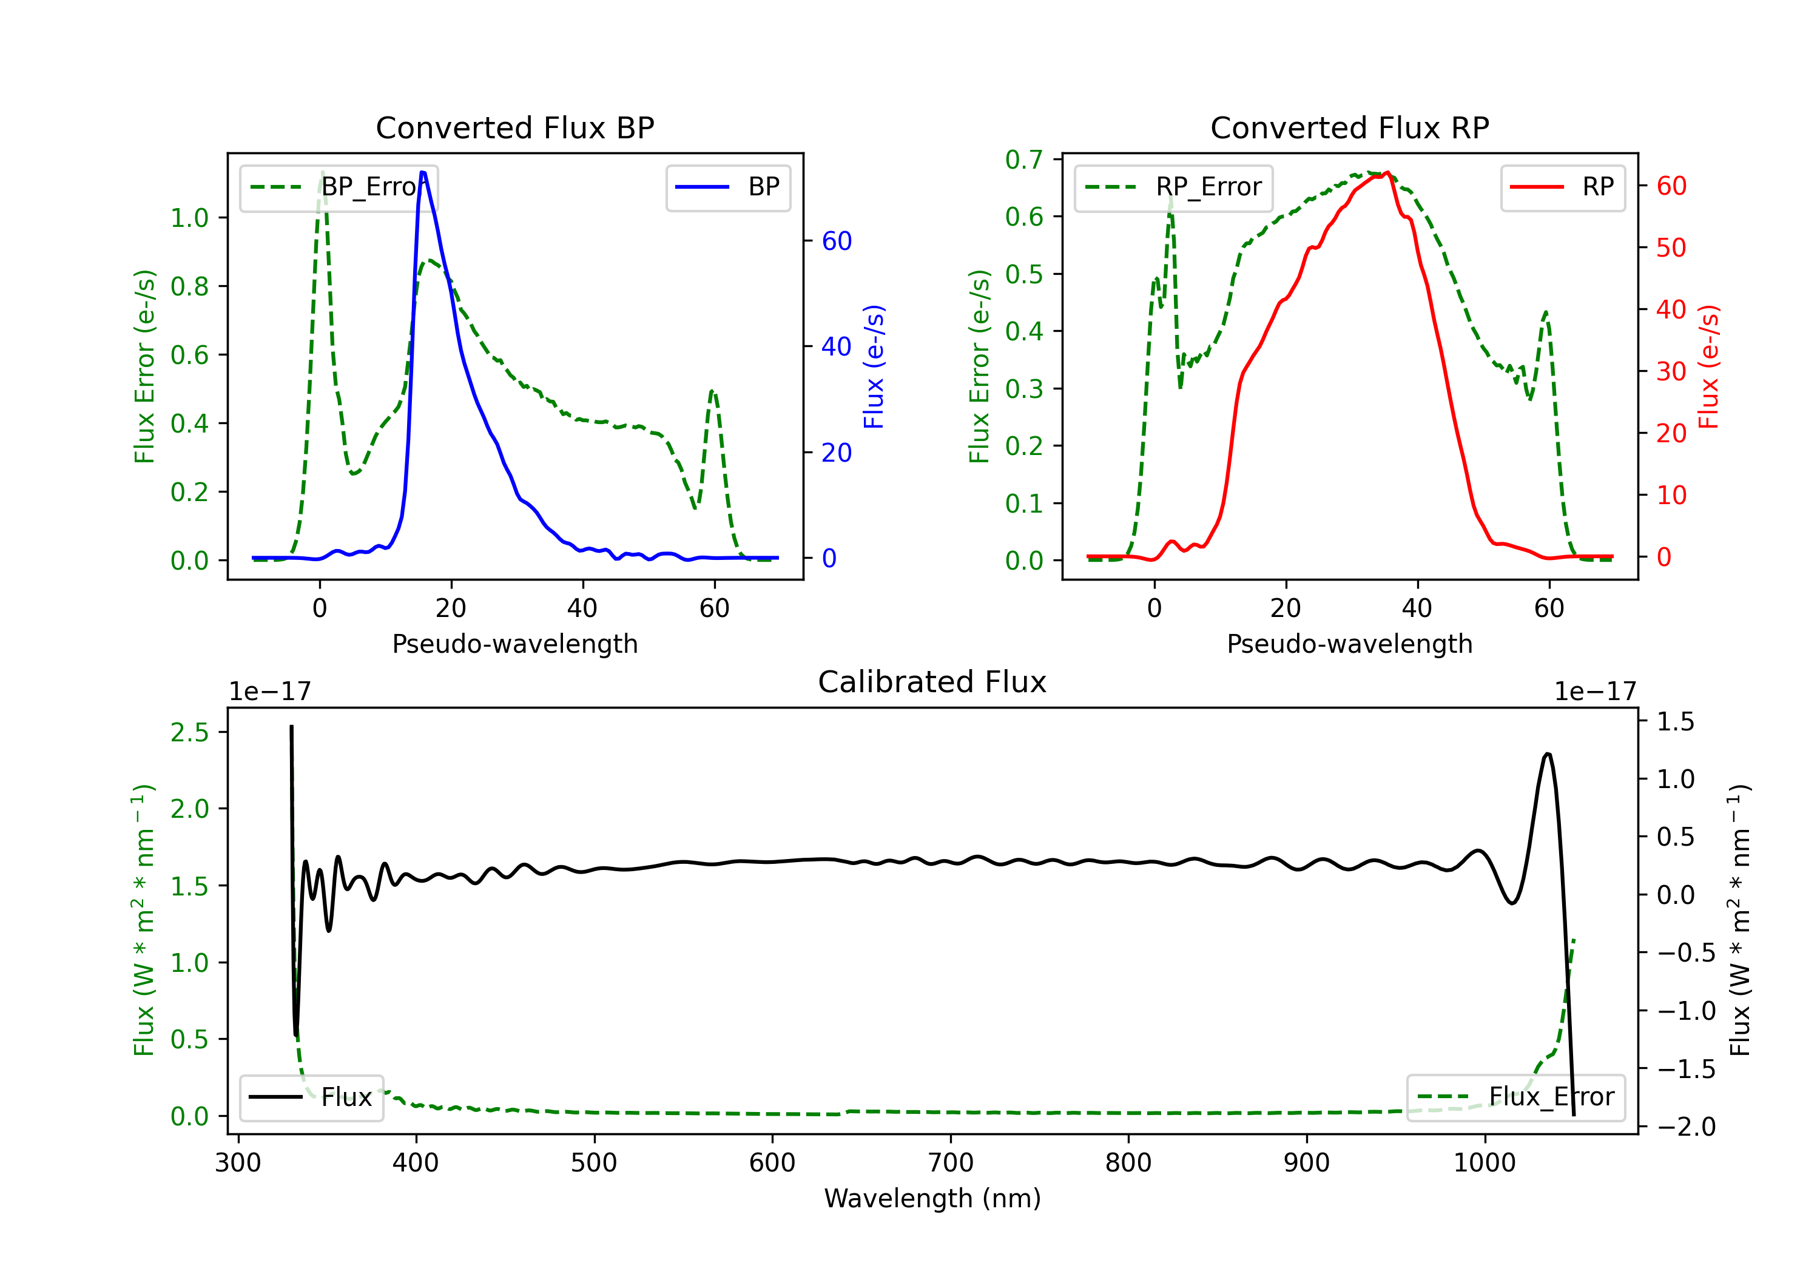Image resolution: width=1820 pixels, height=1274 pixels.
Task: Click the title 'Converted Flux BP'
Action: click(514, 127)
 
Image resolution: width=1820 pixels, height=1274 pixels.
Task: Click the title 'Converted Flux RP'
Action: click(1349, 127)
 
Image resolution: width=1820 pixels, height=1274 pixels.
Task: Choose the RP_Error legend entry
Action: click(1173, 187)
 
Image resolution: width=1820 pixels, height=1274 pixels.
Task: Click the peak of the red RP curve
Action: click(1387, 173)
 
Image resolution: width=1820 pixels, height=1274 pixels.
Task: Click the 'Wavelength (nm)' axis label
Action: click(932, 1198)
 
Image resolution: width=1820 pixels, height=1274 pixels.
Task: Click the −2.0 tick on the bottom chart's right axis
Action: click(1686, 1127)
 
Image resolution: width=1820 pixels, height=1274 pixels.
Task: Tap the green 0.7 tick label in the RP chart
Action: click(1023, 160)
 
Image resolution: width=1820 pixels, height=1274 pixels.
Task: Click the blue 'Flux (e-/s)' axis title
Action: click(873, 366)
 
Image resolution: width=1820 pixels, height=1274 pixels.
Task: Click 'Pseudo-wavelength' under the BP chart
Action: click(514, 644)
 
